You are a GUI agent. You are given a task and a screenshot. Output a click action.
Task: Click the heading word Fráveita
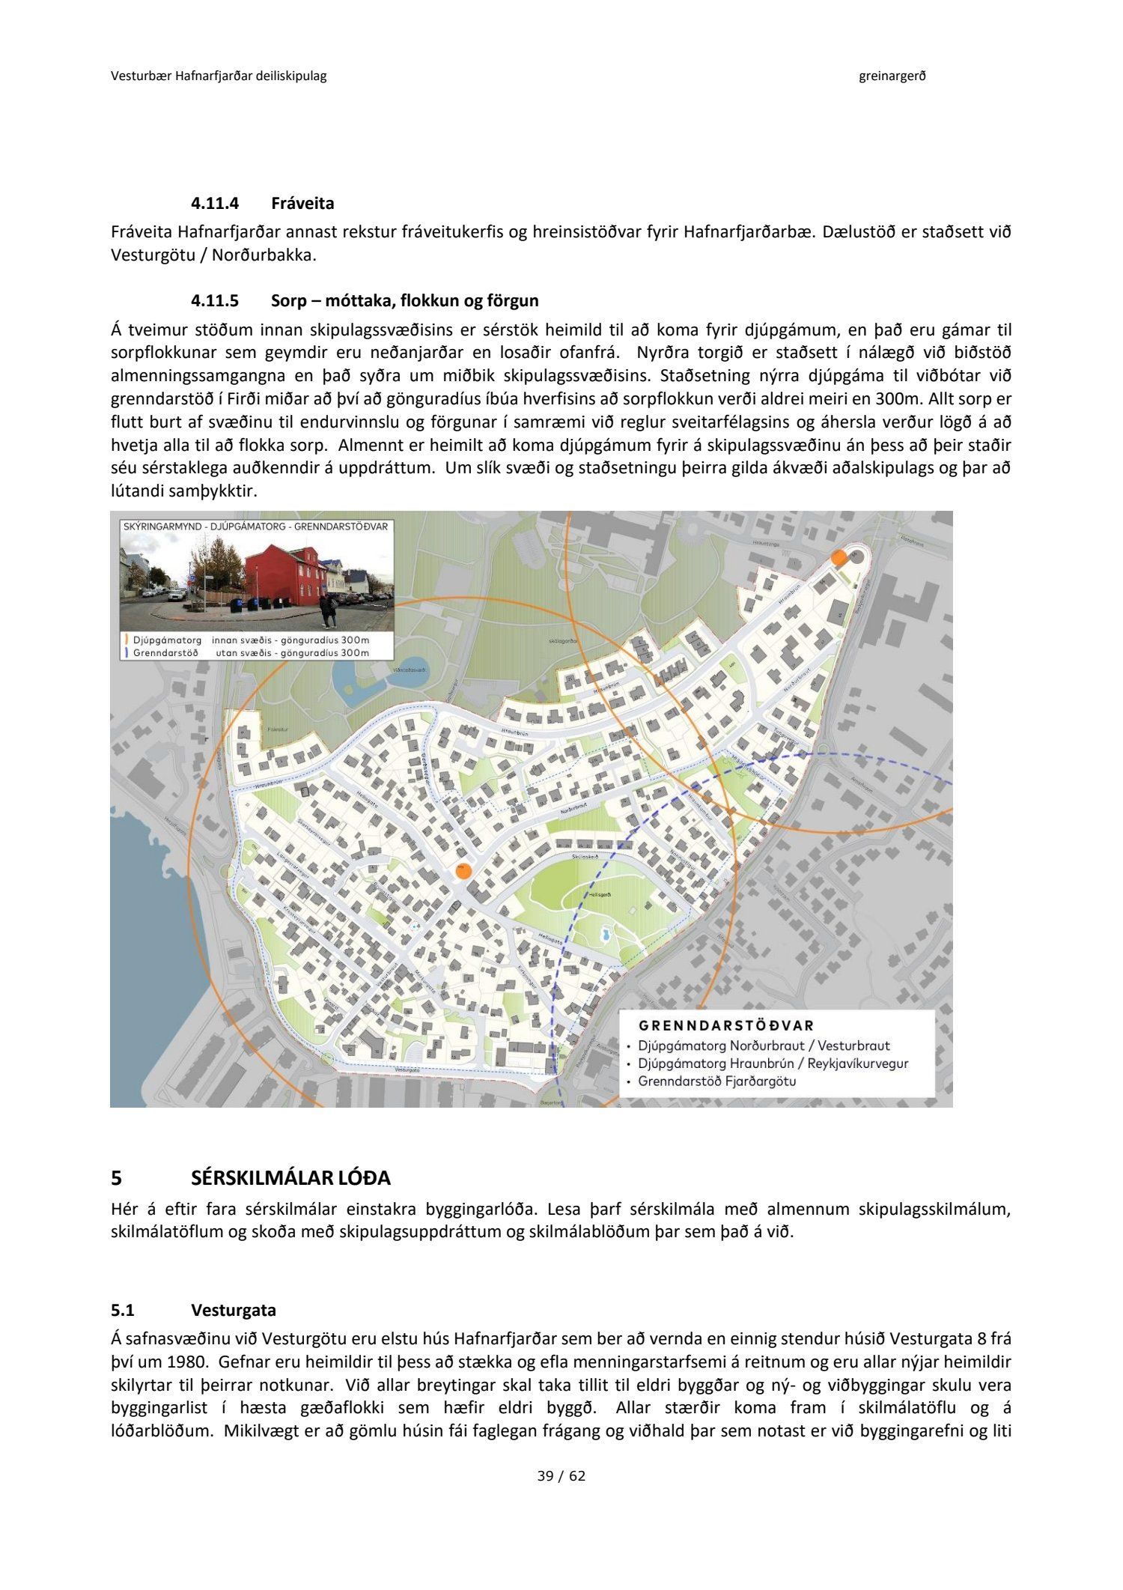(x=302, y=204)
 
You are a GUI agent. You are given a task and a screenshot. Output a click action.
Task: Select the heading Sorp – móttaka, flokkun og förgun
(x=404, y=301)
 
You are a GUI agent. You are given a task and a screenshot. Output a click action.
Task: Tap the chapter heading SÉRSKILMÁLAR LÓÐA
(x=290, y=1178)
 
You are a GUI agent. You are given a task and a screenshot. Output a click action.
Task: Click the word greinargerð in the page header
(x=892, y=76)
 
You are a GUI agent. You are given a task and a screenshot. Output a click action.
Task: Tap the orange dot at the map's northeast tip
(x=839, y=558)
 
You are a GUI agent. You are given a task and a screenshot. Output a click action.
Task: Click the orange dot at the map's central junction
(x=464, y=871)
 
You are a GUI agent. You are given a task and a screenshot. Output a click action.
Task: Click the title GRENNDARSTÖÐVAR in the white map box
(x=725, y=1026)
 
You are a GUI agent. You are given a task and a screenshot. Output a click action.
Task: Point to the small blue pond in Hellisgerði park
(x=605, y=935)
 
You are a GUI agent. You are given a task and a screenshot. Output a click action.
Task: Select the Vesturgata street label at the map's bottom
(x=406, y=1071)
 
